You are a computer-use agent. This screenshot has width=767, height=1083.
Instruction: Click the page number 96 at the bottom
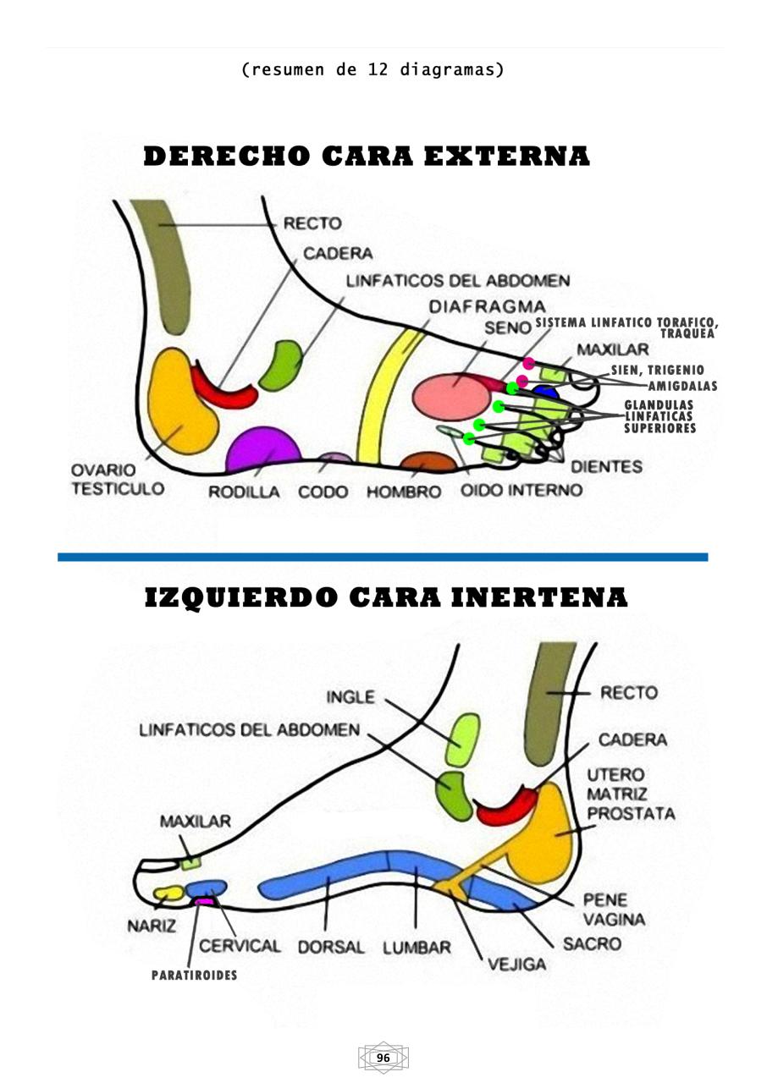(383, 1058)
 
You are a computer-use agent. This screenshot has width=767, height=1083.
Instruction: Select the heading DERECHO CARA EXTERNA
(367, 157)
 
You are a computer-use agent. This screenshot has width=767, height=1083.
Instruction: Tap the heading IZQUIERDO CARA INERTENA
(386, 597)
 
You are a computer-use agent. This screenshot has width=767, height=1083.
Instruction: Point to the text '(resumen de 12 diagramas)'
(373, 69)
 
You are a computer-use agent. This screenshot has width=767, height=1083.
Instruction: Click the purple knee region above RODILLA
(262, 451)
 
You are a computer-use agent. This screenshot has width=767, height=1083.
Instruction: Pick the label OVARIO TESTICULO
(118, 480)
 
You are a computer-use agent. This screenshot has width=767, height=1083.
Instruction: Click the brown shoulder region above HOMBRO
(428, 464)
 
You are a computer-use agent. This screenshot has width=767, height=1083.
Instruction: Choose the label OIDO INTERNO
(521, 490)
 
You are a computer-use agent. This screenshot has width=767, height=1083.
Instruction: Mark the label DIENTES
(606, 466)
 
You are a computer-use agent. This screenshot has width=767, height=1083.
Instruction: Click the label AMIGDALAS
(682, 386)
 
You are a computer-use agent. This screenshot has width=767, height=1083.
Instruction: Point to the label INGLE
(350, 696)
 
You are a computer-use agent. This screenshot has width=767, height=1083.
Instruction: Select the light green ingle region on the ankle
(463, 739)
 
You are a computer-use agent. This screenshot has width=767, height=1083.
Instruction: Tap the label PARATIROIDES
(194, 976)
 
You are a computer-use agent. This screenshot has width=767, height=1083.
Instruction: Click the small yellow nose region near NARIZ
(168, 893)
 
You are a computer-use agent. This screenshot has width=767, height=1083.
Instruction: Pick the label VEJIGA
(516, 964)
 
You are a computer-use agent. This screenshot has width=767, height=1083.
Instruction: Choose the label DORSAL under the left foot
(330, 947)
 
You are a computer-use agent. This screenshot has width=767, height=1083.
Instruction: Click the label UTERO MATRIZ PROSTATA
(630, 794)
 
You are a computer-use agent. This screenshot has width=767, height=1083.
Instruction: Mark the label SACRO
(592, 943)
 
